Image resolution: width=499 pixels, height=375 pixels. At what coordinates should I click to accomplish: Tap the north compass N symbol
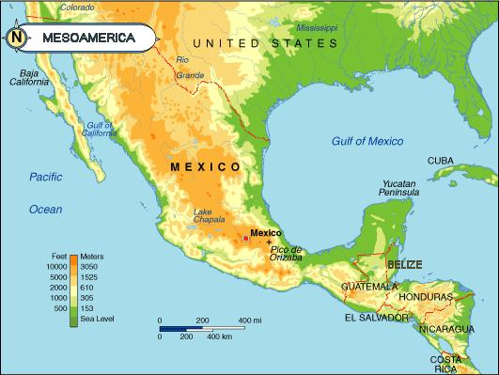coord(17,39)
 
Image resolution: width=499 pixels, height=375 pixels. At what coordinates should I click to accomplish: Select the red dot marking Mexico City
coord(246,240)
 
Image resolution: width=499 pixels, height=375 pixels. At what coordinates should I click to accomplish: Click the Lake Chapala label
coord(209,216)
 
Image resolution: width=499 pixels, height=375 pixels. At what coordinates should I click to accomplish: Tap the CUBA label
coord(441,161)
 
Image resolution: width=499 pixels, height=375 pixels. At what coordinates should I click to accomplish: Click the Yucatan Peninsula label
coord(399,188)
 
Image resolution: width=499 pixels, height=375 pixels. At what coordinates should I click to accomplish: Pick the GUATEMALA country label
coord(370,286)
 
